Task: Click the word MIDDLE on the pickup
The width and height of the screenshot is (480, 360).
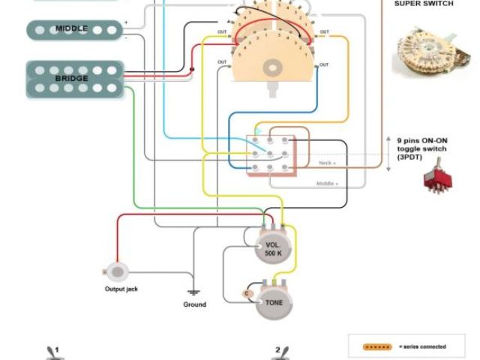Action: coord(71,28)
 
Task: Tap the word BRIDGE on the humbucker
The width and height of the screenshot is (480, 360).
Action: coord(71,78)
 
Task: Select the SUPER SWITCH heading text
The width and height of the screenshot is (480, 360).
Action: coord(424,4)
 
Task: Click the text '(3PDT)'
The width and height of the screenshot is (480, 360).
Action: coord(410,158)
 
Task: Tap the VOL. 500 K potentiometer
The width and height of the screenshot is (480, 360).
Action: coord(273,248)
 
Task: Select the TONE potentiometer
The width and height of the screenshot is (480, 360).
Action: coord(274,302)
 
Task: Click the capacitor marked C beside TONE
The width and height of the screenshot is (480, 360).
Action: coord(247,292)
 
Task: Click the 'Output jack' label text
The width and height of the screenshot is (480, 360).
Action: coord(121,289)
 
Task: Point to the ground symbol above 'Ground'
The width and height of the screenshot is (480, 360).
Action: coord(193,292)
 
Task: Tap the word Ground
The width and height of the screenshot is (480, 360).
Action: coord(194,304)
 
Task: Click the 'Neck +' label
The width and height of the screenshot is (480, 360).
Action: coord(328,162)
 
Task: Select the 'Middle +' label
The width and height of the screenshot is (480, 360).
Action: coord(326,183)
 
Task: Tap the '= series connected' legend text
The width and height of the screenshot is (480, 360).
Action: coord(423,346)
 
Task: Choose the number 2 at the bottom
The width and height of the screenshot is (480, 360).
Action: coord(277,349)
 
